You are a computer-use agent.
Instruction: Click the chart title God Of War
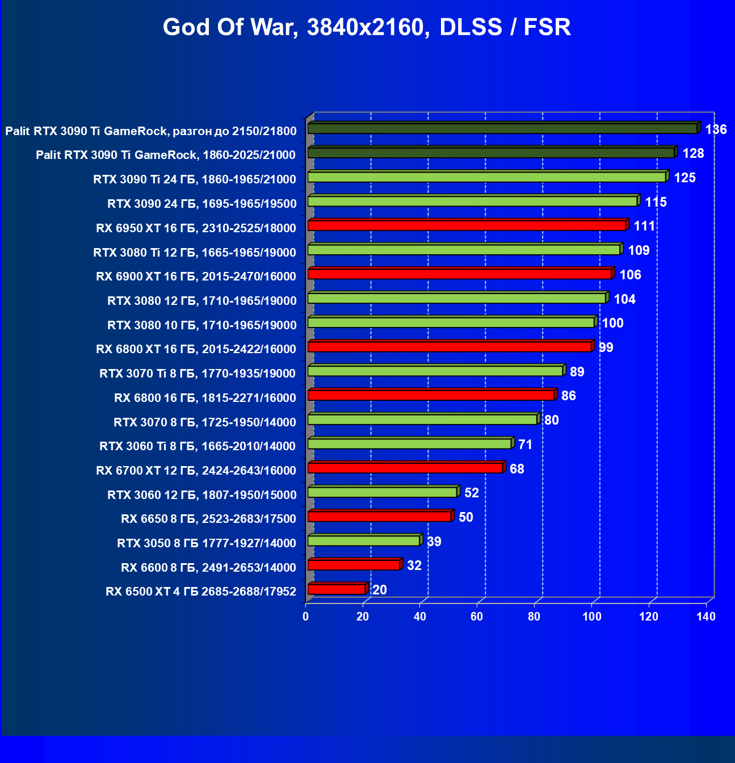tap(367, 27)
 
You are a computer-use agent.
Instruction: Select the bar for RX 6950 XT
tap(467, 226)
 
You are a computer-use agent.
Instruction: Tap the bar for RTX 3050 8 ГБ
tap(363, 540)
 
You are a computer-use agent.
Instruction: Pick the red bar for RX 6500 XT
tap(336, 589)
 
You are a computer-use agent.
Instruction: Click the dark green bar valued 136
tap(502, 129)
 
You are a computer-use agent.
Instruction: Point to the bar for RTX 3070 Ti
tap(435, 371)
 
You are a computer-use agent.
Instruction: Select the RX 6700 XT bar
tap(405, 468)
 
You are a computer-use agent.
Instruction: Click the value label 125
tap(684, 178)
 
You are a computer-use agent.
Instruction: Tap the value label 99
tap(606, 347)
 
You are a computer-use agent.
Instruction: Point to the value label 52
tap(472, 493)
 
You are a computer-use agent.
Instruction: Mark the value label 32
tap(414, 565)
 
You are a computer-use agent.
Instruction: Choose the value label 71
tap(526, 445)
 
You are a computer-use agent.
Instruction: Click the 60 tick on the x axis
tap(477, 617)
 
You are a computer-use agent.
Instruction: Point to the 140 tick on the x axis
tap(706, 617)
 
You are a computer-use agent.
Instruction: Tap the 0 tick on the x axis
tap(306, 617)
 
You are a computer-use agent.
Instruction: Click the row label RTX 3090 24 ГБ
tap(202, 204)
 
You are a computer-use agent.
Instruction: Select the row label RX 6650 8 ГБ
tap(208, 519)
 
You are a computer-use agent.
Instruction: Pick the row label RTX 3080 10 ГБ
tap(202, 325)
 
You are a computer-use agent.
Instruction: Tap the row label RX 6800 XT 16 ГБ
tap(196, 349)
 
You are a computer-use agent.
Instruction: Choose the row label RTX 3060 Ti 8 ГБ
tap(198, 446)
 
